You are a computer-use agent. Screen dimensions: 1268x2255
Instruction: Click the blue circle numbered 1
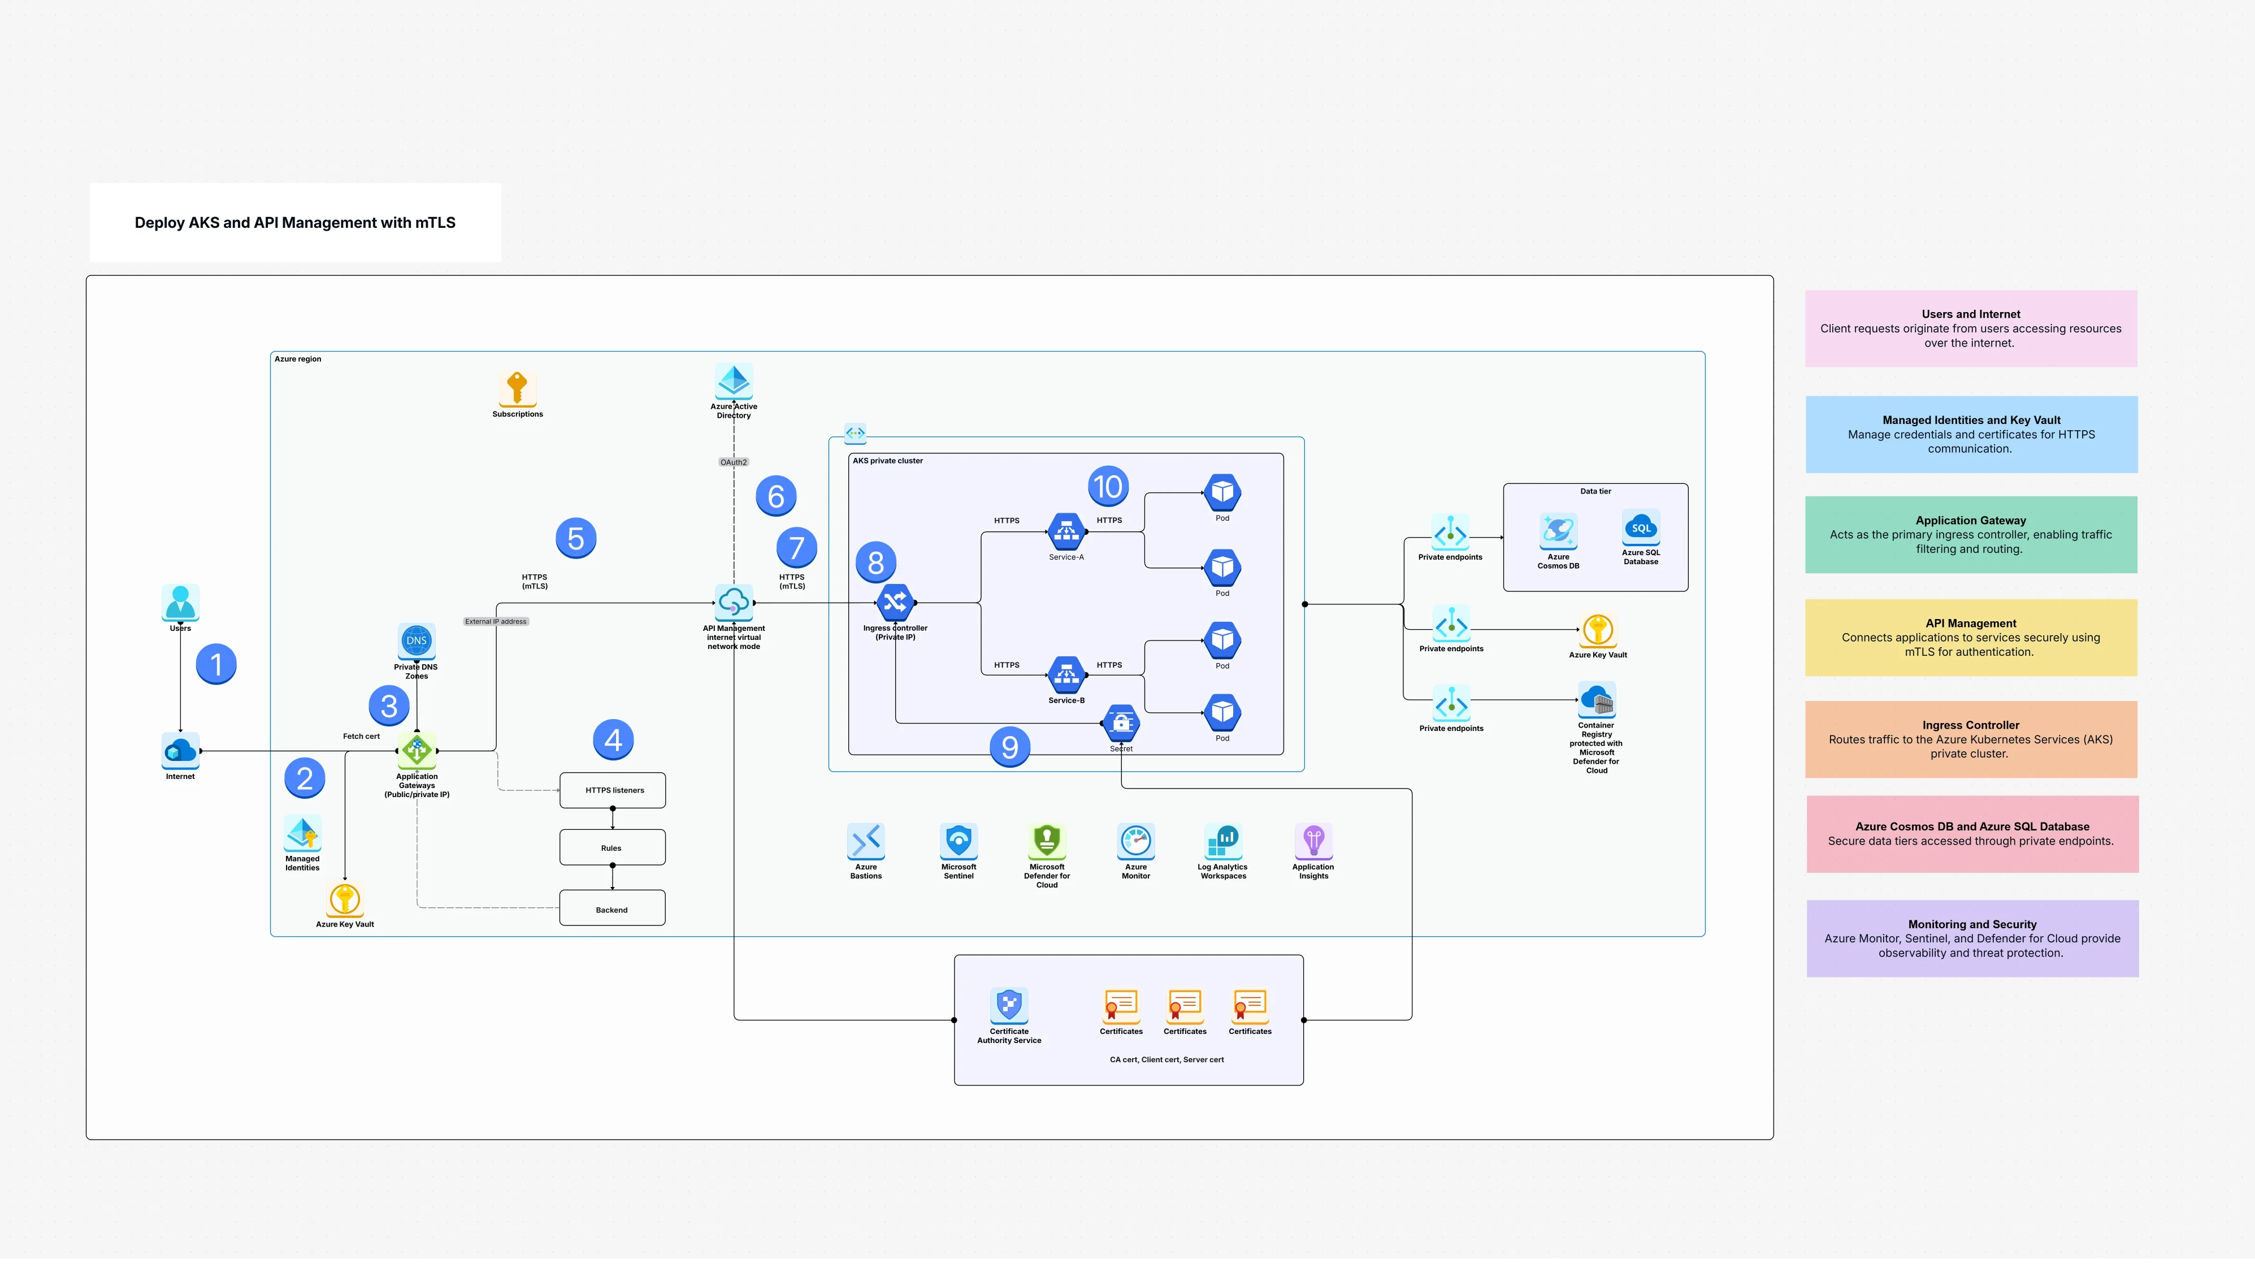pyautogui.click(x=216, y=664)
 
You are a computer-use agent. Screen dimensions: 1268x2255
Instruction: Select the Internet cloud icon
pyautogui.click(x=180, y=751)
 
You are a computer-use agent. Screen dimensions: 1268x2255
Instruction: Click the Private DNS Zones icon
pyautogui.click(x=417, y=641)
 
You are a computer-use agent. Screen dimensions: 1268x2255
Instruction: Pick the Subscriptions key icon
pyautogui.click(x=517, y=388)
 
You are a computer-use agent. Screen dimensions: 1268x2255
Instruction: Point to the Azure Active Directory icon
pyautogui.click(x=734, y=381)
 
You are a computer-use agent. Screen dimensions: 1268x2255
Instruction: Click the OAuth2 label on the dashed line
pyautogui.click(x=734, y=461)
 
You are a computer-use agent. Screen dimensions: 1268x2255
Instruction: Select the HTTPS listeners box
pyautogui.click(x=613, y=790)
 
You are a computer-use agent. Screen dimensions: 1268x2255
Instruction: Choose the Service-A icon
pyautogui.click(x=1066, y=531)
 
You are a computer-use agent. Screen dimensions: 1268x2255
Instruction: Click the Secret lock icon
pyautogui.click(x=1121, y=722)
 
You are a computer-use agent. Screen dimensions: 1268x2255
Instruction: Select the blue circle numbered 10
pyautogui.click(x=1108, y=486)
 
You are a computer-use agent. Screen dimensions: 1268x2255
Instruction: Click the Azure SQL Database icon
pyautogui.click(x=1641, y=528)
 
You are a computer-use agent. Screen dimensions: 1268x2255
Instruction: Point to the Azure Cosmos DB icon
pyautogui.click(x=1558, y=531)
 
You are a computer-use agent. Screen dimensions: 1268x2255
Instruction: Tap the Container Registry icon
pyautogui.click(x=1597, y=700)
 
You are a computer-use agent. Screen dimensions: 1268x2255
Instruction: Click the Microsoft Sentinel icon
pyautogui.click(x=959, y=841)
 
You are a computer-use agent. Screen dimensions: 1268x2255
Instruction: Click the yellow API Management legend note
pyautogui.click(x=1971, y=638)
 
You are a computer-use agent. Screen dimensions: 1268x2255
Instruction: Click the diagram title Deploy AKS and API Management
pyautogui.click(x=295, y=222)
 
